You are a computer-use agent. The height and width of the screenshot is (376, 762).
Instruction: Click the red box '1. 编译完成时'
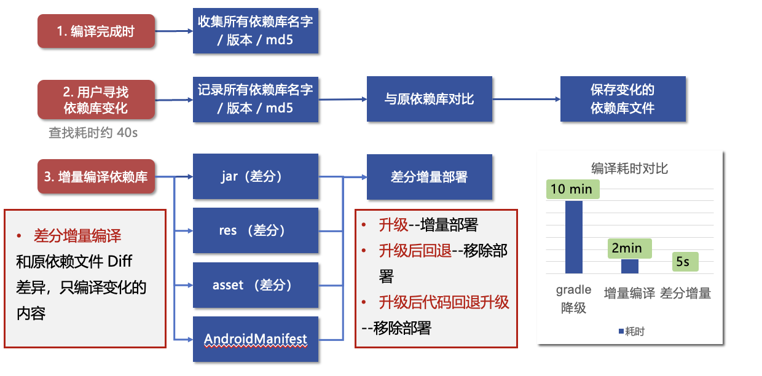pos(96,31)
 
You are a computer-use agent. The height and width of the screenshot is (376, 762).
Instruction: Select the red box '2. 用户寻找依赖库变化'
pos(96,100)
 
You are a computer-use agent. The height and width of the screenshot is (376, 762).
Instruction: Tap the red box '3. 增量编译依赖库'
pos(96,176)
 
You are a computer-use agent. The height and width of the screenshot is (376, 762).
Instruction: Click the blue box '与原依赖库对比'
pos(430,99)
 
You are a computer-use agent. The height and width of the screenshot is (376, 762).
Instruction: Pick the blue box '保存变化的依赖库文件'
pos(623,99)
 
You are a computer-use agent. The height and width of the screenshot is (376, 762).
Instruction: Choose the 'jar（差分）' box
pos(256,176)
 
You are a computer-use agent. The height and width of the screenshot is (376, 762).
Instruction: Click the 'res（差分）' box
pos(256,230)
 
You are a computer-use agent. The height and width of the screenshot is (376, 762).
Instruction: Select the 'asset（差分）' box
pos(256,285)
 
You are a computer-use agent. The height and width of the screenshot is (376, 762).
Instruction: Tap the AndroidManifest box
pos(256,339)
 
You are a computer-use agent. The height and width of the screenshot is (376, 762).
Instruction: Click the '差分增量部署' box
pos(430,177)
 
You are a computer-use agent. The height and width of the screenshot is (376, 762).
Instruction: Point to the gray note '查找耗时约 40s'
pos(93,133)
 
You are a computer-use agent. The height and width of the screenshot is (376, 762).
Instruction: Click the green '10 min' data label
pos(573,189)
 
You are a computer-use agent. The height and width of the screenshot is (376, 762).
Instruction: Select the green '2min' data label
pos(630,248)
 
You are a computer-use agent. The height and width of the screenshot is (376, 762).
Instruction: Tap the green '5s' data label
pos(685,262)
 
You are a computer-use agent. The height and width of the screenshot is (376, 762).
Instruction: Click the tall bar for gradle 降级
pos(573,237)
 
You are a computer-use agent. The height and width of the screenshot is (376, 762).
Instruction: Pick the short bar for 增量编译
pos(630,266)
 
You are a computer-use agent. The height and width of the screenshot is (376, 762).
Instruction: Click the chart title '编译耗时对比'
pos(629,168)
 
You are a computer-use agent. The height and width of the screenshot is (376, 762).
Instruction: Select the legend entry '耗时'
pos(632,331)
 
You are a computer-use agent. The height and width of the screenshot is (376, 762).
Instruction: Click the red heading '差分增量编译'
pos(77,235)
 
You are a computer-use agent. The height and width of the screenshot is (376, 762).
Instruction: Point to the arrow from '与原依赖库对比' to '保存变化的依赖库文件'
pos(526,100)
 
